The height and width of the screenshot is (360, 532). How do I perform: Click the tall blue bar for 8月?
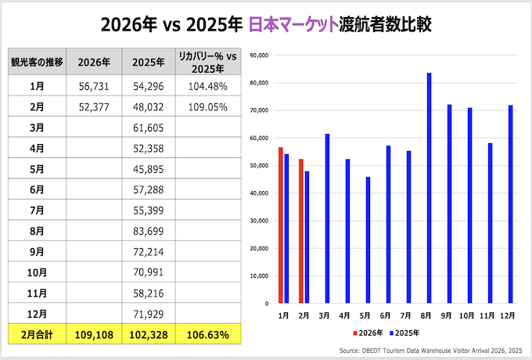point(429,188)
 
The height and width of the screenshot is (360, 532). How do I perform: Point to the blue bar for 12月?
point(511,203)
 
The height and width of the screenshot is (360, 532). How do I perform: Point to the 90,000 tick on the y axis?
point(257,56)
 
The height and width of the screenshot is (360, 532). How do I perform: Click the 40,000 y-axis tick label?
point(257,193)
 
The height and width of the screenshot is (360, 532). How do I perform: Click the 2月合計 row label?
point(36,335)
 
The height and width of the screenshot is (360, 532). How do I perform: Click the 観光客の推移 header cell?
point(36,62)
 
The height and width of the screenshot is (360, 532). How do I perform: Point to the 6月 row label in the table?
point(36,190)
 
